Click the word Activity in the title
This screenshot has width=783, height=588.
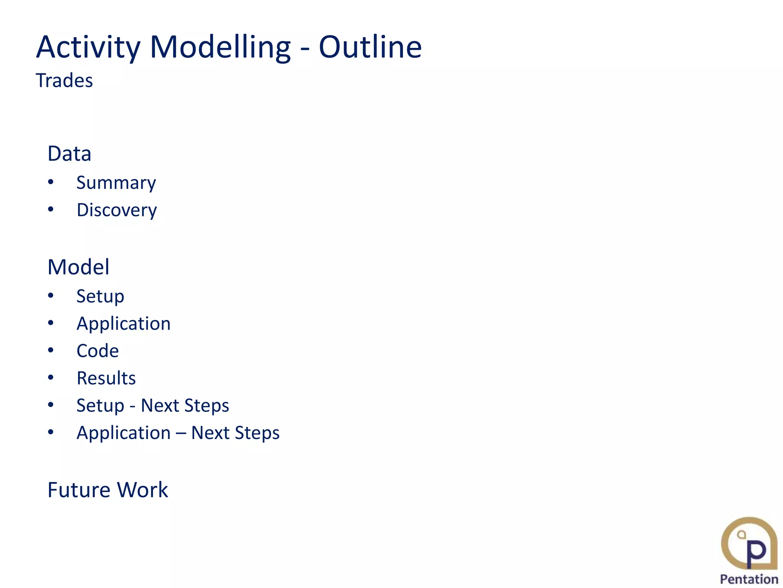coord(88,47)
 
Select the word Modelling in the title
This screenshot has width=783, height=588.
coord(220,47)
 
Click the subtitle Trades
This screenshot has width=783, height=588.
coord(64,81)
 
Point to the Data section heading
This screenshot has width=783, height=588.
coord(69,154)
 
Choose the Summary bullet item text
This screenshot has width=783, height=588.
coord(116,183)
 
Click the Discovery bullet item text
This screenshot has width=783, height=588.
coord(117,210)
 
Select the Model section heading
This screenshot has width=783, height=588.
coord(78,267)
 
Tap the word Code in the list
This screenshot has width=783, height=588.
coord(97,351)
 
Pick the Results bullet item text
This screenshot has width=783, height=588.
coord(106,378)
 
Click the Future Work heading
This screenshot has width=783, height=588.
coord(107,490)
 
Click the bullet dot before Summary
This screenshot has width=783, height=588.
coord(51,182)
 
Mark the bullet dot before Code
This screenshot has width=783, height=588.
coord(51,350)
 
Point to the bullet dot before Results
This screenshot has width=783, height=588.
coord(51,377)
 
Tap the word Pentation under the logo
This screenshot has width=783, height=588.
coord(749,579)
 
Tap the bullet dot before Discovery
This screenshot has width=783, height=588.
coord(51,209)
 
